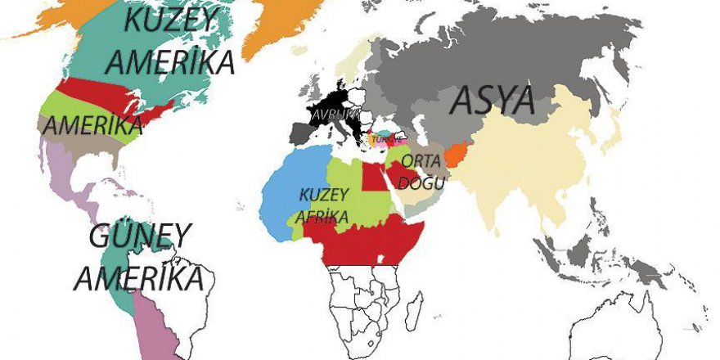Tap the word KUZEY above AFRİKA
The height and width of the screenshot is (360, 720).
(x=325, y=195)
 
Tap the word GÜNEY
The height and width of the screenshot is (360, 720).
(x=140, y=237)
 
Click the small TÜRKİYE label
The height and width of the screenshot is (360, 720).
(x=386, y=139)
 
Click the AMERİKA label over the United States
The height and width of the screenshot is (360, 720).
(x=92, y=126)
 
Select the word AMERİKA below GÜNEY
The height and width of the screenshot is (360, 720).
(x=138, y=277)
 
